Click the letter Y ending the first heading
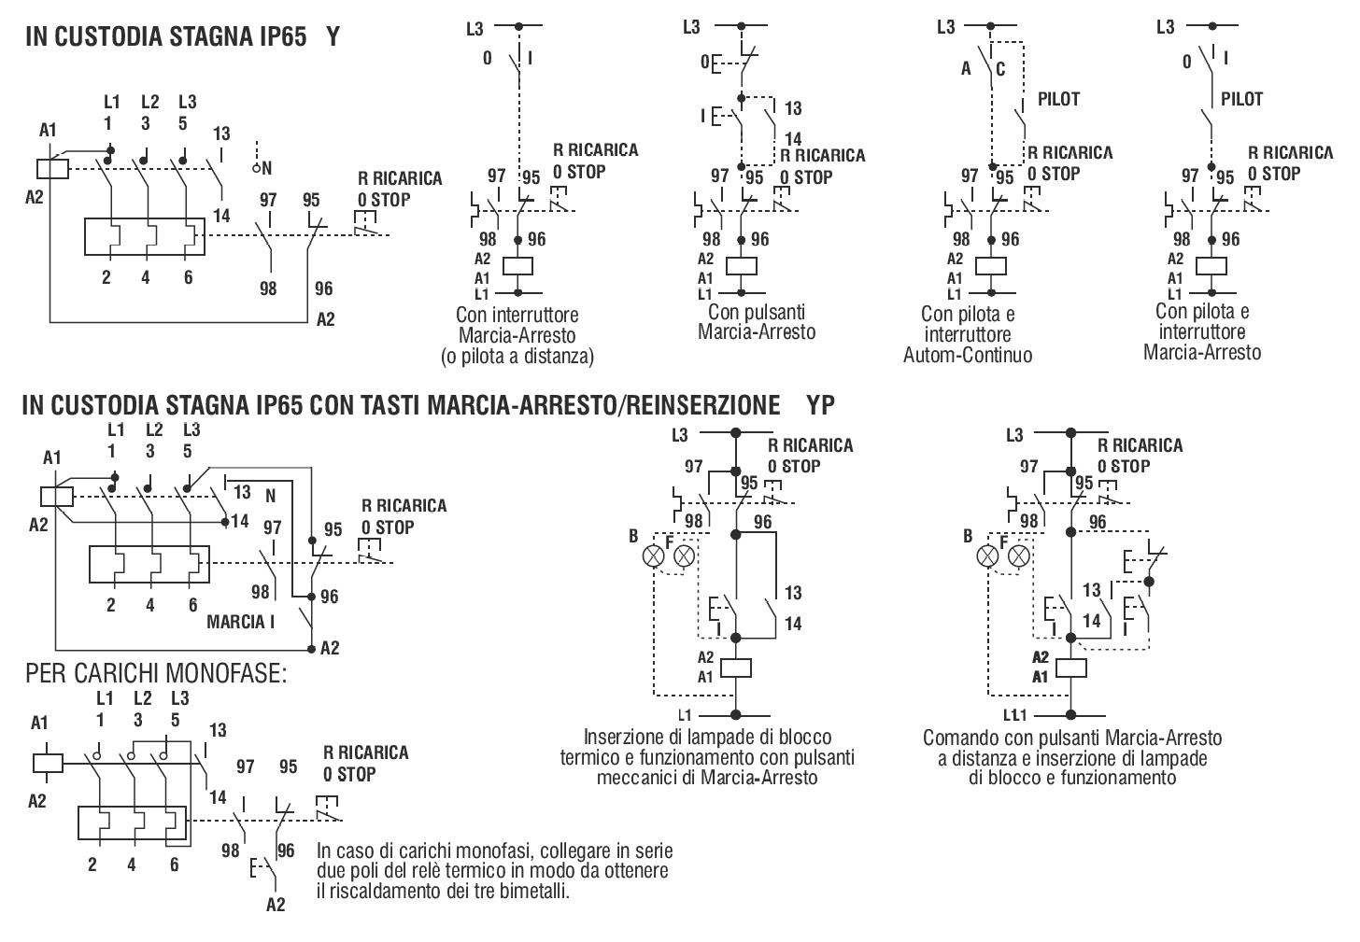click(x=333, y=36)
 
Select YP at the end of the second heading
click(x=820, y=405)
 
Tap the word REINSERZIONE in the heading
click(x=703, y=405)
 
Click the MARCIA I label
click(x=240, y=622)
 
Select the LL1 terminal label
click(x=1014, y=715)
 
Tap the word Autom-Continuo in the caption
click(x=967, y=355)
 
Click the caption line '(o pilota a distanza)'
click(x=517, y=356)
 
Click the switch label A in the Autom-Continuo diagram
click(x=966, y=69)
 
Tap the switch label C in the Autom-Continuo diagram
click(x=1000, y=69)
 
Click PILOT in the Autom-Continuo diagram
click(x=1058, y=99)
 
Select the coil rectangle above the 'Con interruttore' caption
click(x=517, y=266)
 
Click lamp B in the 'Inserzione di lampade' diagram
click(x=653, y=555)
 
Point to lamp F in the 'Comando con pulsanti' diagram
click(x=1019, y=555)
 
